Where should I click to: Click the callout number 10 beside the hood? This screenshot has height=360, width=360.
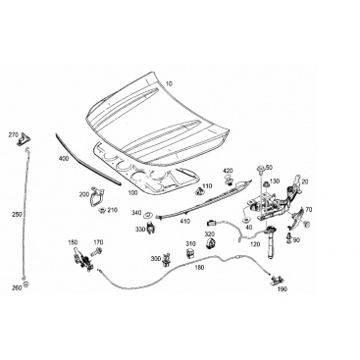point(169,83)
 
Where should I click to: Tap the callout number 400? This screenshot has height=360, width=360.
point(63,159)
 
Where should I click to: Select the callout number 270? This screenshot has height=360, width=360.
point(14,134)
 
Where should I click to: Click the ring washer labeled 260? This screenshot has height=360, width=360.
point(26,283)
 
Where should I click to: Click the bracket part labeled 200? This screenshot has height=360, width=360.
point(97,197)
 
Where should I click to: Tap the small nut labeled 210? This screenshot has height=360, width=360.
point(102,210)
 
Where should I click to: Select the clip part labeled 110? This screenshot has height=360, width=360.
point(198,191)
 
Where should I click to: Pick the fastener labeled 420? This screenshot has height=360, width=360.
point(229,179)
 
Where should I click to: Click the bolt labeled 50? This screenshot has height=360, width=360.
point(261,170)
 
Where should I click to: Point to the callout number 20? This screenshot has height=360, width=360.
point(305,181)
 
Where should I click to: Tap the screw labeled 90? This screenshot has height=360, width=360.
point(288,237)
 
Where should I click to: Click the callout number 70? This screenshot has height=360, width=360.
point(309,210)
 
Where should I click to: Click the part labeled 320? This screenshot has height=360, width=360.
point(211,244)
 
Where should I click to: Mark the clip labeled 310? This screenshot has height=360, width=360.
point(190,253)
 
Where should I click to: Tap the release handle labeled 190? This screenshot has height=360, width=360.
point(277,281)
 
